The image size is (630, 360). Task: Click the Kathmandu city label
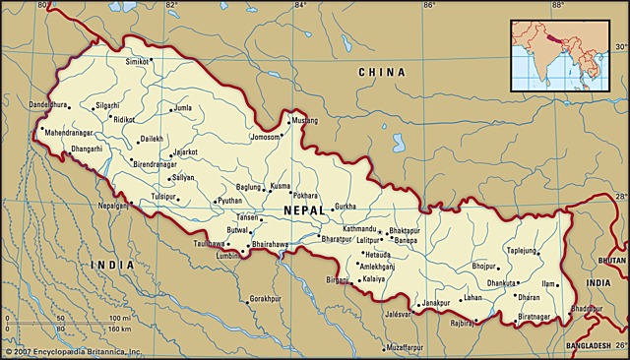[359, 229]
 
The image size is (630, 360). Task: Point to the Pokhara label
[305, 196]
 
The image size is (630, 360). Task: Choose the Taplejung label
[523, 250]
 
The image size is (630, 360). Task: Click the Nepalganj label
[114, 206]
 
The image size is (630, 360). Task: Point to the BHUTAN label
[611, 260]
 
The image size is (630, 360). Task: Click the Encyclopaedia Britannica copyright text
[73, 351]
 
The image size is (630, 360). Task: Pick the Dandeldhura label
[49, 104]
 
